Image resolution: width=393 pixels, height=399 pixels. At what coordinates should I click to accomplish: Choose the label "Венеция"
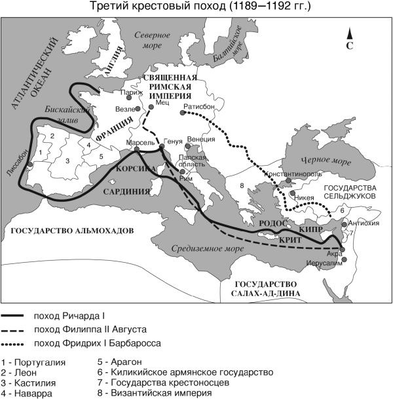(200, 139)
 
